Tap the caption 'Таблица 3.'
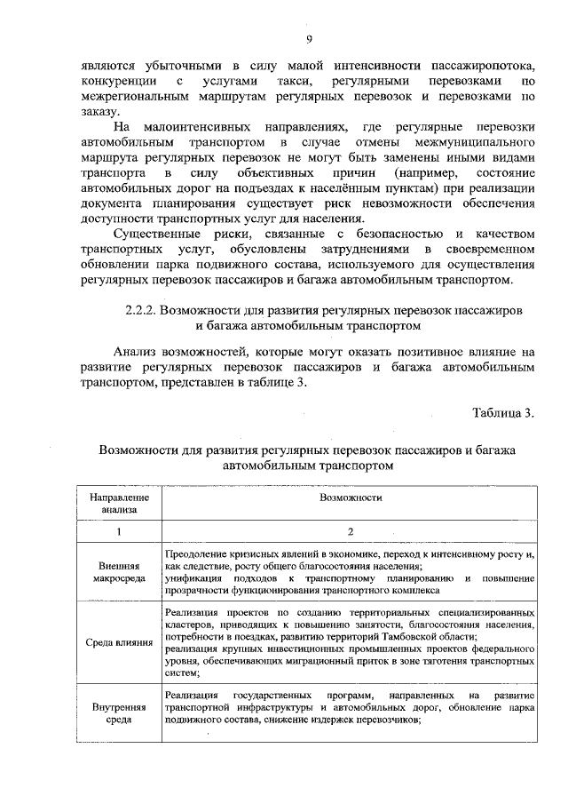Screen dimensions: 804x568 [504, 412]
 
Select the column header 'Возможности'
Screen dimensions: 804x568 [351, 498]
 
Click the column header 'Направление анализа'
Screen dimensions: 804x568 [119, 504]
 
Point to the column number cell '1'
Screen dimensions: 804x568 [119, 531]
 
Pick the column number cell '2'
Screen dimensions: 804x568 [351, 531]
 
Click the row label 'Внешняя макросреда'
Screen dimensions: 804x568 [119, 571]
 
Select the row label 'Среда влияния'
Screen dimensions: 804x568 [119, 642]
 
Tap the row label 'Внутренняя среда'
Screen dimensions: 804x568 [119, 714]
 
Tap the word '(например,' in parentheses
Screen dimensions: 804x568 [404, 173]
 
